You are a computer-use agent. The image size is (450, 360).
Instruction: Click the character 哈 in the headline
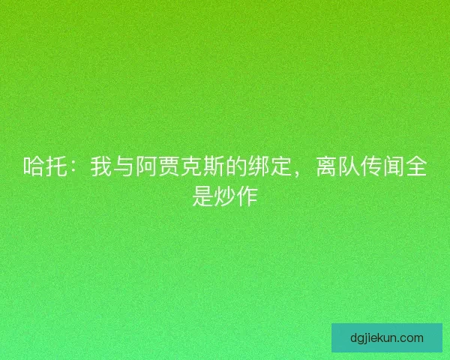(34, 168)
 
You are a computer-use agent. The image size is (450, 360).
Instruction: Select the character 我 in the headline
(101, 168)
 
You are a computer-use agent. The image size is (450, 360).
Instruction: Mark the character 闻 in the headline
(394, 168)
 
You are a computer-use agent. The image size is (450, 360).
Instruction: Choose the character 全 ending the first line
(416, 168)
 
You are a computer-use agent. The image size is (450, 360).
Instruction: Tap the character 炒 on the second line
(225, 196)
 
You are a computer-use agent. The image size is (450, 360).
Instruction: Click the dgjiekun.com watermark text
(387, 337)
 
